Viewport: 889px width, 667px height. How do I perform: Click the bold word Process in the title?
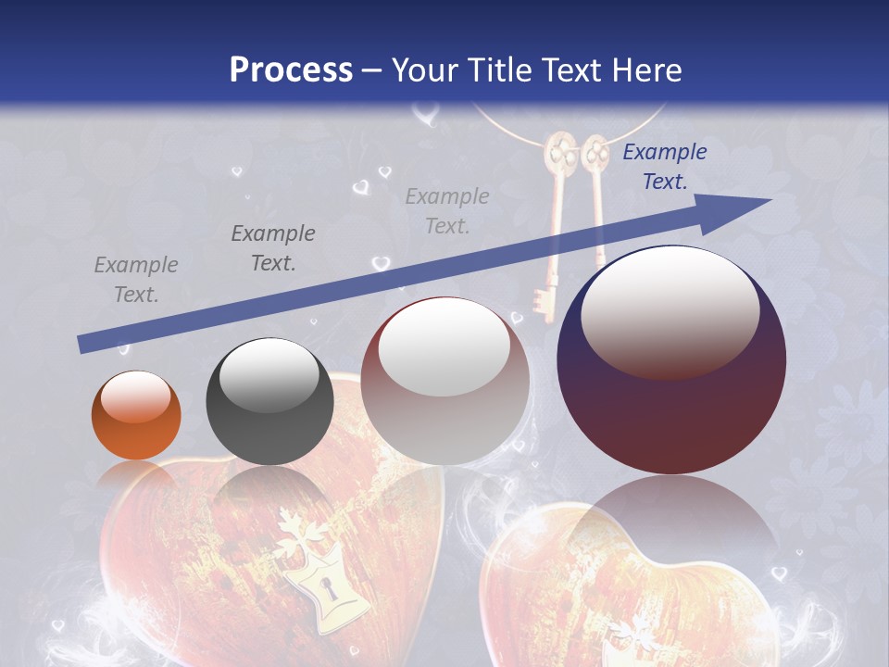click(x=291, y=69)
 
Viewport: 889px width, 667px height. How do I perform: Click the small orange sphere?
click(x=136, y=415)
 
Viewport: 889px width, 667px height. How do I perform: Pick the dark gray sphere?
click(x=269, y=401)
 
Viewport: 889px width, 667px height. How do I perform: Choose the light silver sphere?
click(x=444, y=381)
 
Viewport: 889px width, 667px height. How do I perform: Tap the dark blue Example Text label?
click(x=664, y=167)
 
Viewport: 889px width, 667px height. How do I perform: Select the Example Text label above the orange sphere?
click(x=136, y=280)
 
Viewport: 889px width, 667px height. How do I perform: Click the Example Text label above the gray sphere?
click(x=273, y=248)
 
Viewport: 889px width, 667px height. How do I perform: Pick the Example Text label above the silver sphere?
click(x=447, y=210)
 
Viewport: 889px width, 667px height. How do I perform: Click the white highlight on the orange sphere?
click(x=136, y=396)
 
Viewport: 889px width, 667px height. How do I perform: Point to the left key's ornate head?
click(x=558, y=152)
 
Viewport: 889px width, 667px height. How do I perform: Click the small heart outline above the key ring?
click(x=425, y=115)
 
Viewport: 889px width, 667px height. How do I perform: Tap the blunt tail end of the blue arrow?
click(x=81, y=345)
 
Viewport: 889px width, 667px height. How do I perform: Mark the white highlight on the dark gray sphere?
click(x=269, y=375)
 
